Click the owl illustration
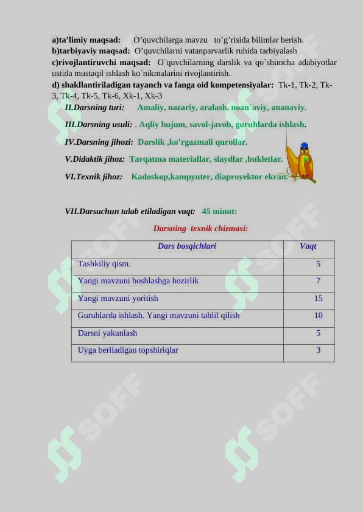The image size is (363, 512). [x=301, y=162]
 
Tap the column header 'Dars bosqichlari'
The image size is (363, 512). [x=186, y=246]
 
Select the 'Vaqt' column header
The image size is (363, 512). [x=308, y=246]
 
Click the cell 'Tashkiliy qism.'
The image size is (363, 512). [x=104, y=264]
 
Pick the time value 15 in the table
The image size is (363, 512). [x=318, y=299]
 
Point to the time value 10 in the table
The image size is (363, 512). [x=318, y=316]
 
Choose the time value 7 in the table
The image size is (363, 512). [x=318, y=281]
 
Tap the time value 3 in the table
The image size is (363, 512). [x=318, y=350]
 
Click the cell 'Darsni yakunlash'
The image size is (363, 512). [x=107, y=333]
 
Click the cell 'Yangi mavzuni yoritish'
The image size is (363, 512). [x=118, y=299]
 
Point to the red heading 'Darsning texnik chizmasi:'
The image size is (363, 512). [x=200, y=229]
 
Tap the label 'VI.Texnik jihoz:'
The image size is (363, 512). [x=94, y=177]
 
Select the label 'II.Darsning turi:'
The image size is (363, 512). [x=94, y=108]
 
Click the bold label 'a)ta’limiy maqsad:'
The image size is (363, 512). [x=86, y=40]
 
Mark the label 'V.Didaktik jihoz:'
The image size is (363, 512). [x=95, y=159]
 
